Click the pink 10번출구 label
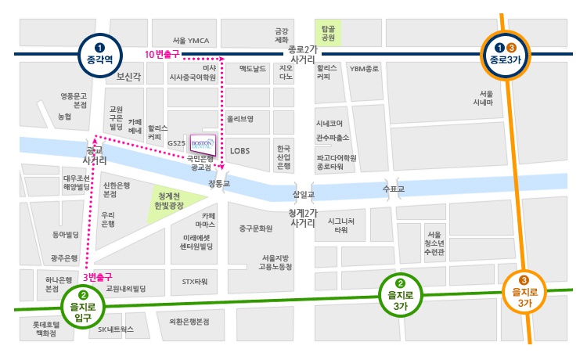click(163, 53)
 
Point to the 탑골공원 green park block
click(328, 32)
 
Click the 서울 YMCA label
click(191, 40)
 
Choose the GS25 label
click(176, 144)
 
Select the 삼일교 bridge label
click(303, 194)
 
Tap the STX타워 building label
click(194, 280)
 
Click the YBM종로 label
click(364, 69)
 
